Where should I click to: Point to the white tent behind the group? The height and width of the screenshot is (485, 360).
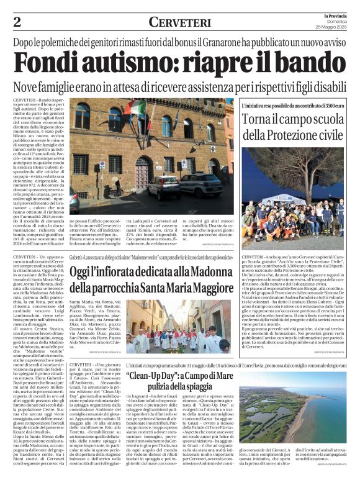292,201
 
